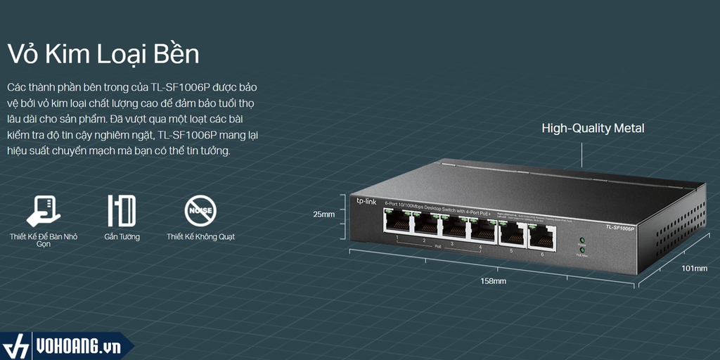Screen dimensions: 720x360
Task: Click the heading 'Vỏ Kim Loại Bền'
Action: tap(103, 54)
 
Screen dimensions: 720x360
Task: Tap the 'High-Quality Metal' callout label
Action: tap(593, 129)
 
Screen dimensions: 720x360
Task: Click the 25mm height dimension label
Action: tap(324, 213)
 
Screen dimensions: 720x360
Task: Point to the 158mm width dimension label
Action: tap(493, 281)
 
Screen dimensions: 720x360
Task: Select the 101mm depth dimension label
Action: tap(695, 269)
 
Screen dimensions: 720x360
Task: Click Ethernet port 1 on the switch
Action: tap(397, 224)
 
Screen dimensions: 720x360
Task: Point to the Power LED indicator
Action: tap(582, 240)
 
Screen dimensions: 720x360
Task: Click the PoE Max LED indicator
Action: tap(582, 250)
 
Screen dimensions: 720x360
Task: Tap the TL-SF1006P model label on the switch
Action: tap(619, 227)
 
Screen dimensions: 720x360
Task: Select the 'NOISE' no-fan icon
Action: tap(200, 210)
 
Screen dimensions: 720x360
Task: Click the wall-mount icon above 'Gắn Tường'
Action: tap(122, 210)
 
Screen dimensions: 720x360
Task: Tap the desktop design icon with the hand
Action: tap(43, 210)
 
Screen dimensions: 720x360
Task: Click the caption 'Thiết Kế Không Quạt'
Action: tap(200, 237)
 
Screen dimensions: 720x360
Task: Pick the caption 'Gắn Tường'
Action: tap(122, 237)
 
